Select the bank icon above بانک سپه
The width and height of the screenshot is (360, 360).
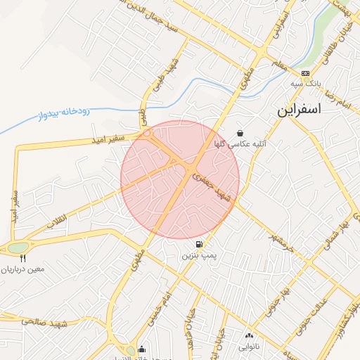point(305,73)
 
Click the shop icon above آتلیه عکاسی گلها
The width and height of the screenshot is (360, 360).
point(240,132)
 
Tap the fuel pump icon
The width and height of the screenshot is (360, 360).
point(200,244)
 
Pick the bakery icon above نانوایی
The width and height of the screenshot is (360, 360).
point(249,335)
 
